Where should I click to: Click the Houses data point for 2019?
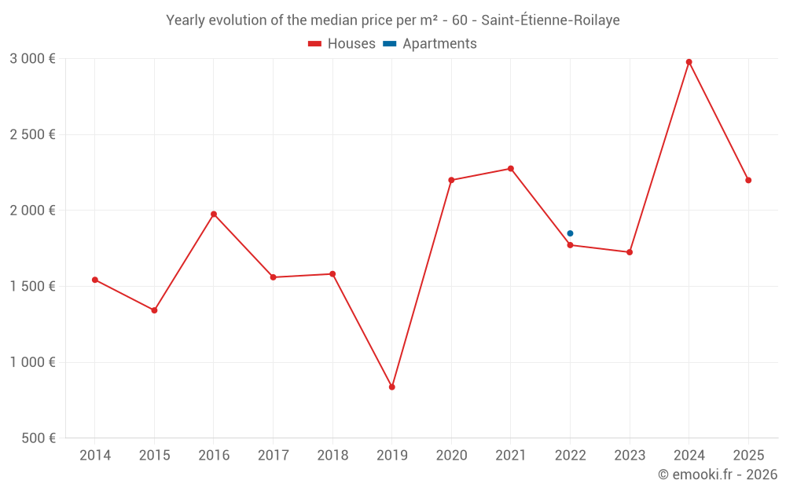(391, 387)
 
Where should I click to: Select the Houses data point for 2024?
(689, 62)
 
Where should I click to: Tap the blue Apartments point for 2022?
(570, 233)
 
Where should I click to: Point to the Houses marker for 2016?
(214, 214)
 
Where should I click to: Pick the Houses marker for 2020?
(451, 180)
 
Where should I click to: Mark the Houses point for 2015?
(154, 310)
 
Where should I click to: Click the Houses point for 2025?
(748, 180)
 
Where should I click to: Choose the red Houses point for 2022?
(570, 245)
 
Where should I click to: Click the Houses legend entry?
(342, 44)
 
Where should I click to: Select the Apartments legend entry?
(431, 44)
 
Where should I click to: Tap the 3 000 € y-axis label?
(32, 59)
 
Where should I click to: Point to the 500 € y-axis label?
(38, 438)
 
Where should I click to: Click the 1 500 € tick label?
(32, 286)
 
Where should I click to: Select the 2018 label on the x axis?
(332, 455)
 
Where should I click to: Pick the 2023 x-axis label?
(630, 455)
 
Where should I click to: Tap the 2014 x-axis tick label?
(95, 455)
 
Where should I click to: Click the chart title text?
(393, 20)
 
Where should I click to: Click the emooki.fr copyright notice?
(717, 474)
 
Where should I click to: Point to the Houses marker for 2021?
(511, 169)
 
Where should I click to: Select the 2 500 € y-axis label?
(32, 134)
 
